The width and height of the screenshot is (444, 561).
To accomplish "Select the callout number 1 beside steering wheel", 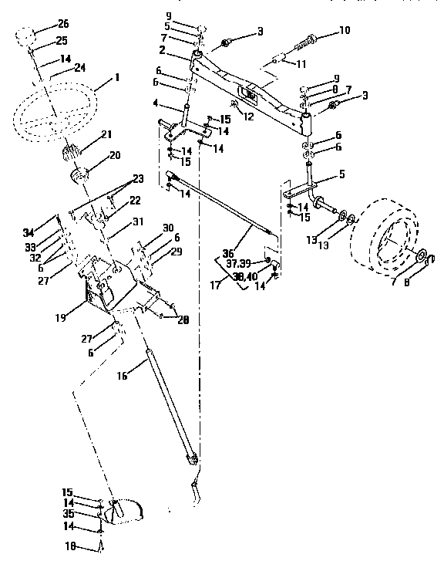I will coord(116,77).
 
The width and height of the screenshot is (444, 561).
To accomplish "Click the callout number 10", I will coord(344,32).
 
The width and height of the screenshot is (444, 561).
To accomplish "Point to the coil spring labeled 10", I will coord(307,41).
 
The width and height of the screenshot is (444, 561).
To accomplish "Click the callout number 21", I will coord(107,136).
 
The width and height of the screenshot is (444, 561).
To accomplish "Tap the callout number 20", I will coord(114,155).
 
